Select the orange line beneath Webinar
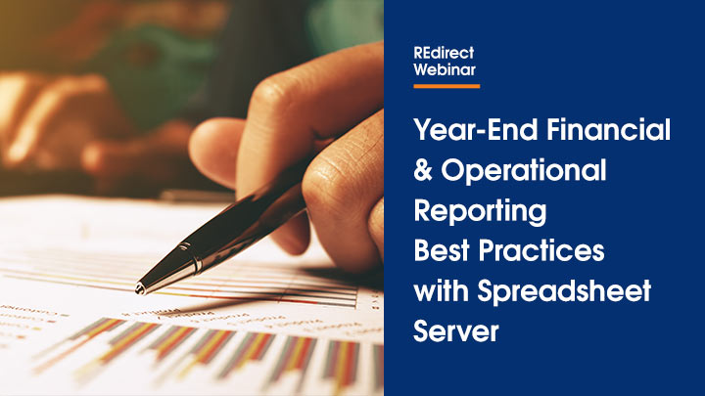(446, 86)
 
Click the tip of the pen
(139, 288)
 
